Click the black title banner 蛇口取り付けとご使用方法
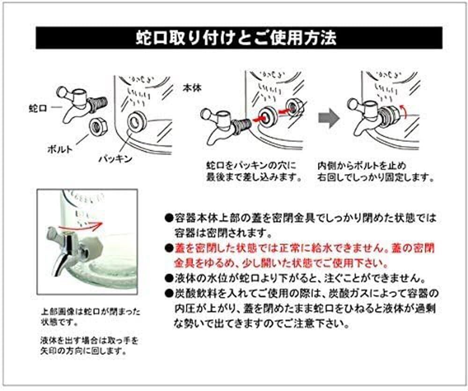(239, 38)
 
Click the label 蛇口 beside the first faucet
(38, 108)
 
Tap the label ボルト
(60, 149)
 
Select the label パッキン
(115, 158)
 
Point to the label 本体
(192, 88)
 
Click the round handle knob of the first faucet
(62, 91)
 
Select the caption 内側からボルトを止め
(362, 165)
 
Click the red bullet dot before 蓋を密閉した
(169, 248)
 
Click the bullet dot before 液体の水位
(169, 278)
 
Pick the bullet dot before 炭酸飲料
(169, 293)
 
